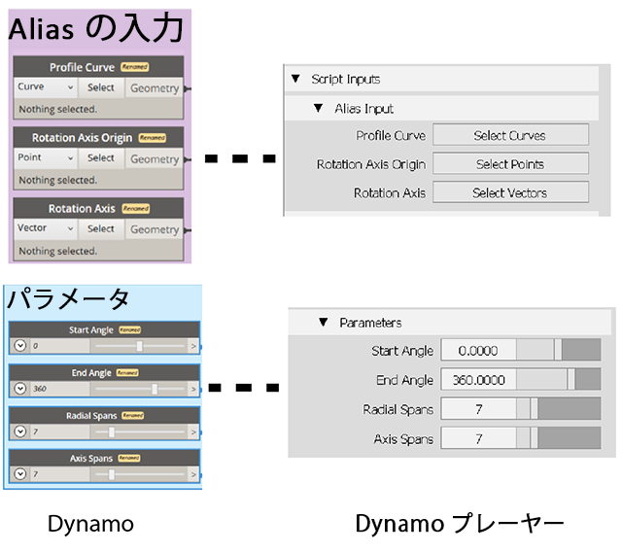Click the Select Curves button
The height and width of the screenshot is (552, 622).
[510, 135]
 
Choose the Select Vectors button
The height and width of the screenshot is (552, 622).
[510, 192]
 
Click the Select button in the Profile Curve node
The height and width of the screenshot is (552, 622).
[101, 87]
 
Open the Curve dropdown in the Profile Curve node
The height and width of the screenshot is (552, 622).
[46, 87]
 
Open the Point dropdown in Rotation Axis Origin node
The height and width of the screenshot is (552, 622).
[46, 157]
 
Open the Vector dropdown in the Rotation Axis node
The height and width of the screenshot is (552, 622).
[46, 228]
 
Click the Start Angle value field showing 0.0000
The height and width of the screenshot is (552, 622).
[477, 351]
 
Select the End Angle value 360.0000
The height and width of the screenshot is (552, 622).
[477, 380]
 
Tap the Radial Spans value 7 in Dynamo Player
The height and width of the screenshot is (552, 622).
[477, 409]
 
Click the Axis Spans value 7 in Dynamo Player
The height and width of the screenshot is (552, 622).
[477, 439]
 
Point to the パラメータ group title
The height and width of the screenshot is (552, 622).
[69, 298]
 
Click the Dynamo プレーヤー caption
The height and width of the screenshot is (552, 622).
[459, 525]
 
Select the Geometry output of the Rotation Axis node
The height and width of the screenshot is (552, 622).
[155, 229]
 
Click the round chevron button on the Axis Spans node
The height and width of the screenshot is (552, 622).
[20, 474]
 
